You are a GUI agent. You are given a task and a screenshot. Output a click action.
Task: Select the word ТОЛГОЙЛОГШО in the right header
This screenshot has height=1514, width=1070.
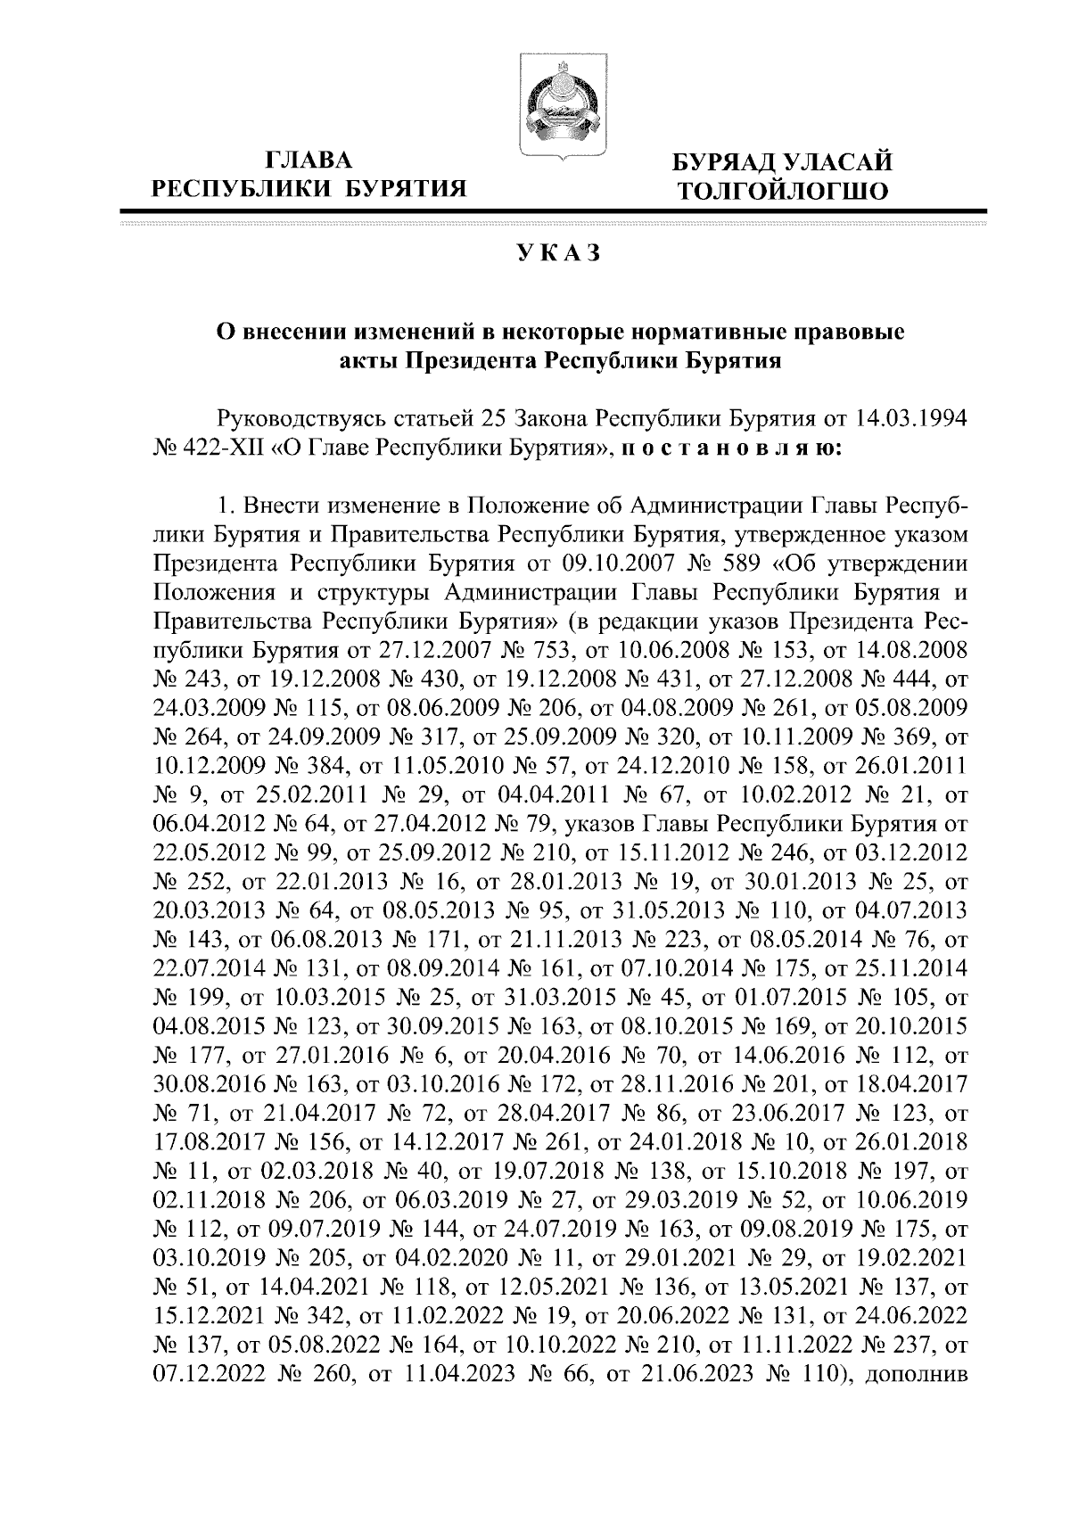(782, 190)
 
